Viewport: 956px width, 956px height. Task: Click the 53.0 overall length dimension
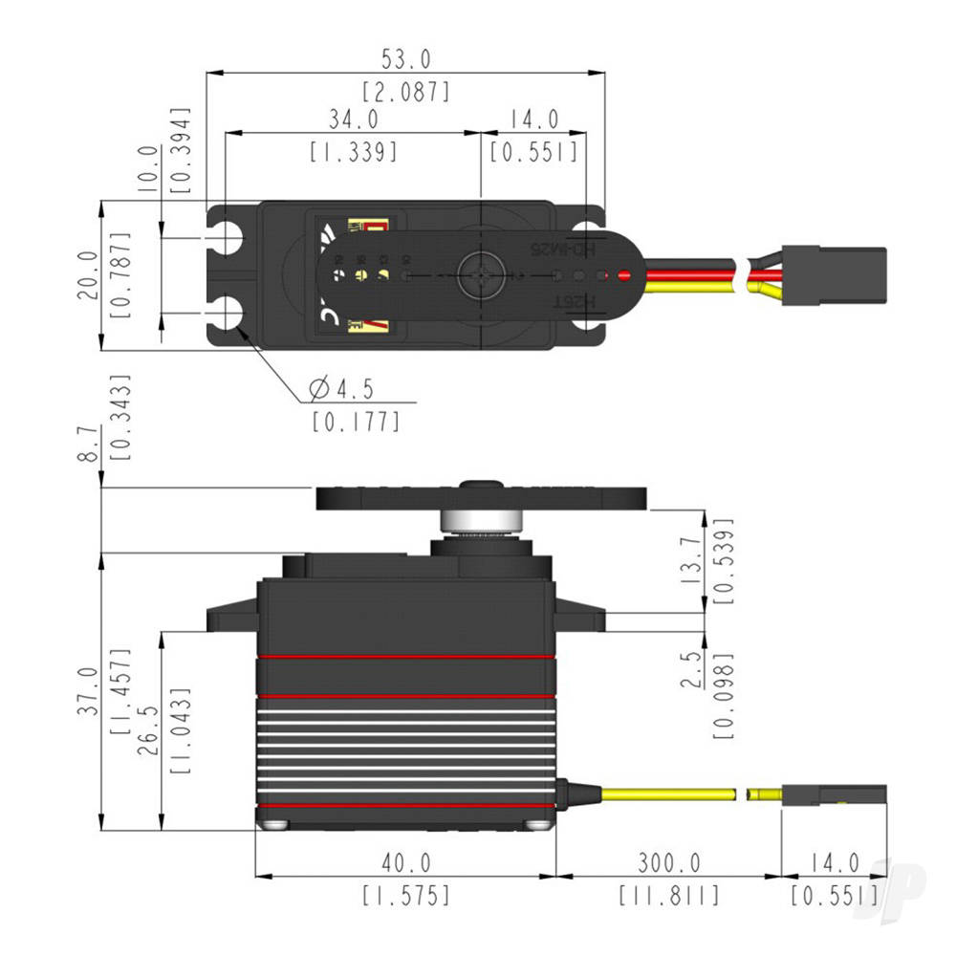tap(405, 59)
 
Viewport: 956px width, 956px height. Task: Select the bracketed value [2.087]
tap(405, 93)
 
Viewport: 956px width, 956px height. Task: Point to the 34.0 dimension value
tap(353, 119)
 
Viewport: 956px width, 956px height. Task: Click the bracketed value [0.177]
tap(356, 421)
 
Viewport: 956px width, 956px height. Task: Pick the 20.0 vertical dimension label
tap(87, 275)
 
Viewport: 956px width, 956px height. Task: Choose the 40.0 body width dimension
tap(405, 863)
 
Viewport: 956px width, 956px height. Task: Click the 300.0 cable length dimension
tap(668, 863)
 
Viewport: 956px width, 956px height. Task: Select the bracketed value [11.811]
tap(668, 896)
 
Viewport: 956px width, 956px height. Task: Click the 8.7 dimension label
tap(87, 445)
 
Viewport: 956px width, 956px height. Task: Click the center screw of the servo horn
tap(479, 276)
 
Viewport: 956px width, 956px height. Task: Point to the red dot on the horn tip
tap(624, 277)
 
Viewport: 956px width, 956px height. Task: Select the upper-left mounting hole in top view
tap(228, 238)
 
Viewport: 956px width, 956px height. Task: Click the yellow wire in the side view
tap(668, 793)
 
